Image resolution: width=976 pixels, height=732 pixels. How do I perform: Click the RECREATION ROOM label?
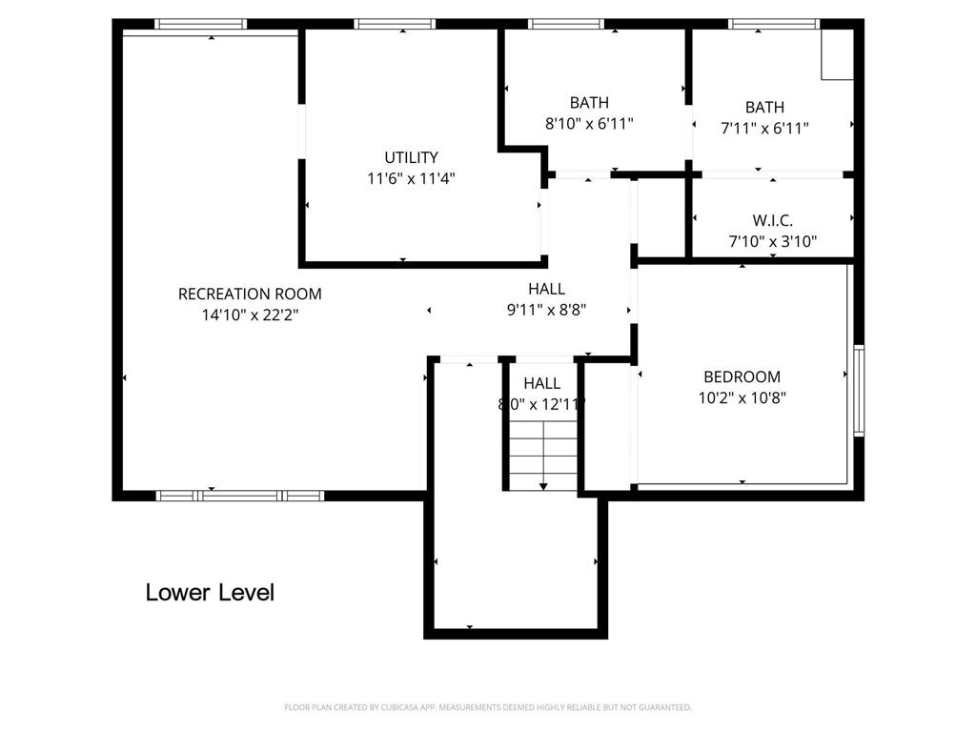point(250,294)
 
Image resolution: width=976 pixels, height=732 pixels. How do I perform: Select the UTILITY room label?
point(411,157)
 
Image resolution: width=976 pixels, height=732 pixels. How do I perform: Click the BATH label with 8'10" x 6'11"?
point(589,103)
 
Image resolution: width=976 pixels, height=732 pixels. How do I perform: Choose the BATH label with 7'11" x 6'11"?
point(764,108)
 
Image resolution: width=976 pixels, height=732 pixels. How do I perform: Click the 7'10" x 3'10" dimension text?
point(772,241)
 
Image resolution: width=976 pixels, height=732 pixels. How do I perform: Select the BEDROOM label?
point(742,377)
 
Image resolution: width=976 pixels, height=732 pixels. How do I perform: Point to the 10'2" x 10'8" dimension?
point(742,397)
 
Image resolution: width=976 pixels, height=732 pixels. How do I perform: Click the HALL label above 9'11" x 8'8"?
point(546,289)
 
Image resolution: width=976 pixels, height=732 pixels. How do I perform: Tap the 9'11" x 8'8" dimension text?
point(546,309)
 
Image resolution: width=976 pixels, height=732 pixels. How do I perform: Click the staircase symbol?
point(542,455)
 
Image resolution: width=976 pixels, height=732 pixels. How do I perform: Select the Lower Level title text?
point(210,592)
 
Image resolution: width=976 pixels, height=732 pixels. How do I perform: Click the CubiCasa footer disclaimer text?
point(488,707)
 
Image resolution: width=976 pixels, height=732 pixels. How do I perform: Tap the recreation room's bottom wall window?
point(240,495)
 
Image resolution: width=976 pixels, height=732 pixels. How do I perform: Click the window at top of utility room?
point(396,24)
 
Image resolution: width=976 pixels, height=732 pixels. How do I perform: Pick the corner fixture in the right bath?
point(837,53)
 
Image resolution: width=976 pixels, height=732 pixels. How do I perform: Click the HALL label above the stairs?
point(541,383)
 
